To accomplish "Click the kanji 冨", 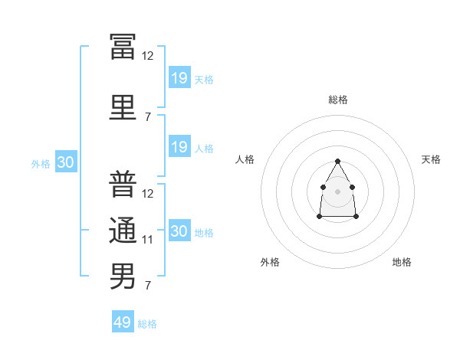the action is click(123, 47).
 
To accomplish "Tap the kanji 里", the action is click(123, 107).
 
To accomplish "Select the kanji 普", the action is click(123, 184).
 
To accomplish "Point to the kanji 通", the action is click(123, 230).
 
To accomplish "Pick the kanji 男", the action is click(123, 276).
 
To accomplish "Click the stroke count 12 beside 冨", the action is click(147, 56).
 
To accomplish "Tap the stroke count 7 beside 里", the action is click(148, 117).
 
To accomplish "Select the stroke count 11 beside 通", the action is click(147, 240).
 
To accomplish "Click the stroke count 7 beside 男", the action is click(148, 285).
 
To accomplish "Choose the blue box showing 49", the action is click(123, 321).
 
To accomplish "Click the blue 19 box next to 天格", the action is click(180, 77).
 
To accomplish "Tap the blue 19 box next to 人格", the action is click(180, 146).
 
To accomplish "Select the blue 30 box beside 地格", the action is click(180, 230).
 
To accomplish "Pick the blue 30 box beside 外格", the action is click(66, 162).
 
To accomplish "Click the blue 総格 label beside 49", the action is click(147, 324).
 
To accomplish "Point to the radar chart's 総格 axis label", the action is click(338, 100).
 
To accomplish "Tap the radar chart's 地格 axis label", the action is click(402, 262).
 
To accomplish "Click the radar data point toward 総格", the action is click(337, 161).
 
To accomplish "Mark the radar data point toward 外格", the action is click(320, 216).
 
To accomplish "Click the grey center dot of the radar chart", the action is click(337, 191).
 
